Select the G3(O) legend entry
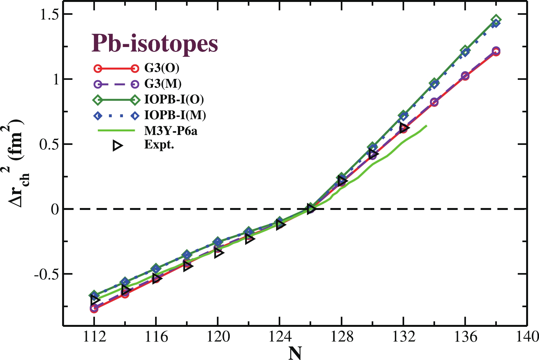tap(162, 68)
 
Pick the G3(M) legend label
tap(163, 84)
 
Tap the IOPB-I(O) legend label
tap(174, 99)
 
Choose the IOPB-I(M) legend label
tap(175, 115)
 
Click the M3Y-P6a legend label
tap(171, 131)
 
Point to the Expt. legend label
tap(159, 145)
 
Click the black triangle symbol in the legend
tap(117, 146)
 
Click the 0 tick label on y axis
tap(55, 209)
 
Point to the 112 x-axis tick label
tap(94, 337)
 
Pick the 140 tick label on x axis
tap(527, 337)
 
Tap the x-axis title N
tap(295, 353)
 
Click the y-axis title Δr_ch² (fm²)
tap(19, 163)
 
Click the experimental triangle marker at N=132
tap(404, 127)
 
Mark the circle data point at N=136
tap(465, 76)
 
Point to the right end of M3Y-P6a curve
tap(426, 126)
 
